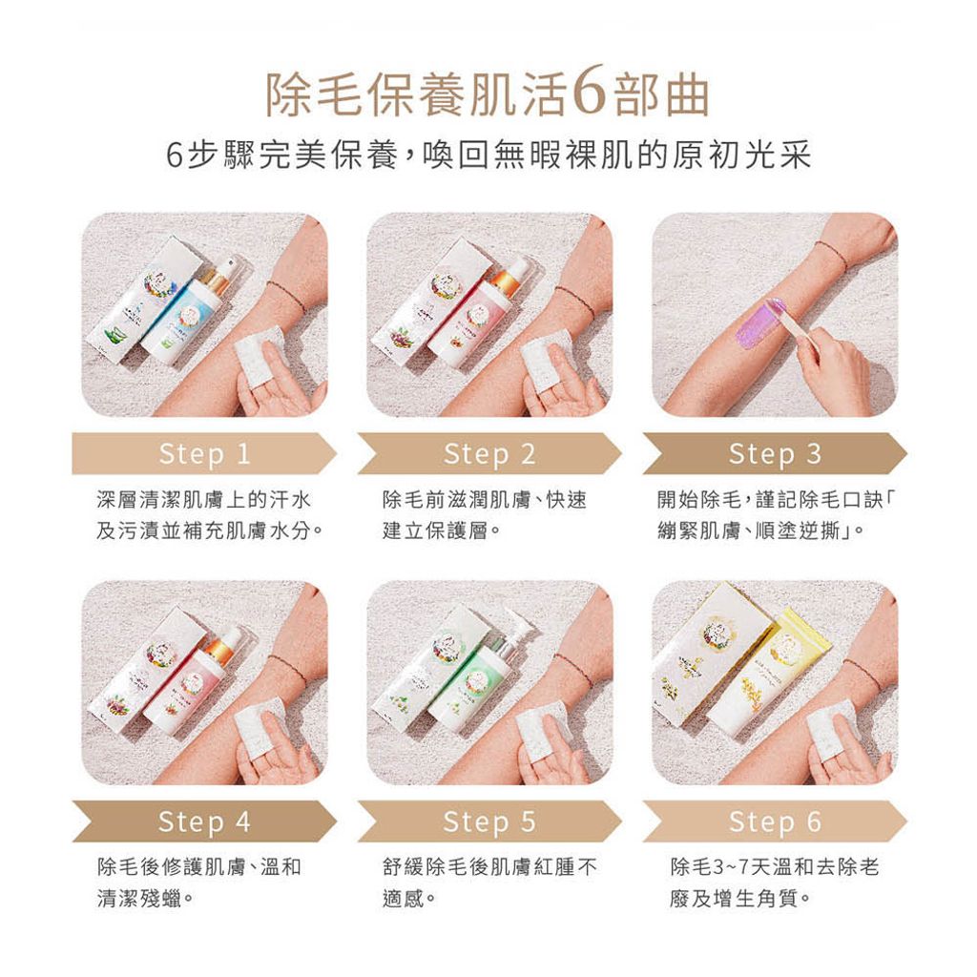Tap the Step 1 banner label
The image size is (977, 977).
click(x=204, y=454)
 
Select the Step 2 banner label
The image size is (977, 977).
click(x=489, y=454)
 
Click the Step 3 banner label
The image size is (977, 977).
click(x=774, y=454)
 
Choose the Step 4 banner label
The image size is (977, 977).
click(x=204, y=821)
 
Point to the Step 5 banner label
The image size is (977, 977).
click(x=489, y=821)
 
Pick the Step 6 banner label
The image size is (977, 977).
click(x=774, y=821)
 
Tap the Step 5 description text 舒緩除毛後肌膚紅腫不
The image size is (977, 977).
click(x=488, y=867)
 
